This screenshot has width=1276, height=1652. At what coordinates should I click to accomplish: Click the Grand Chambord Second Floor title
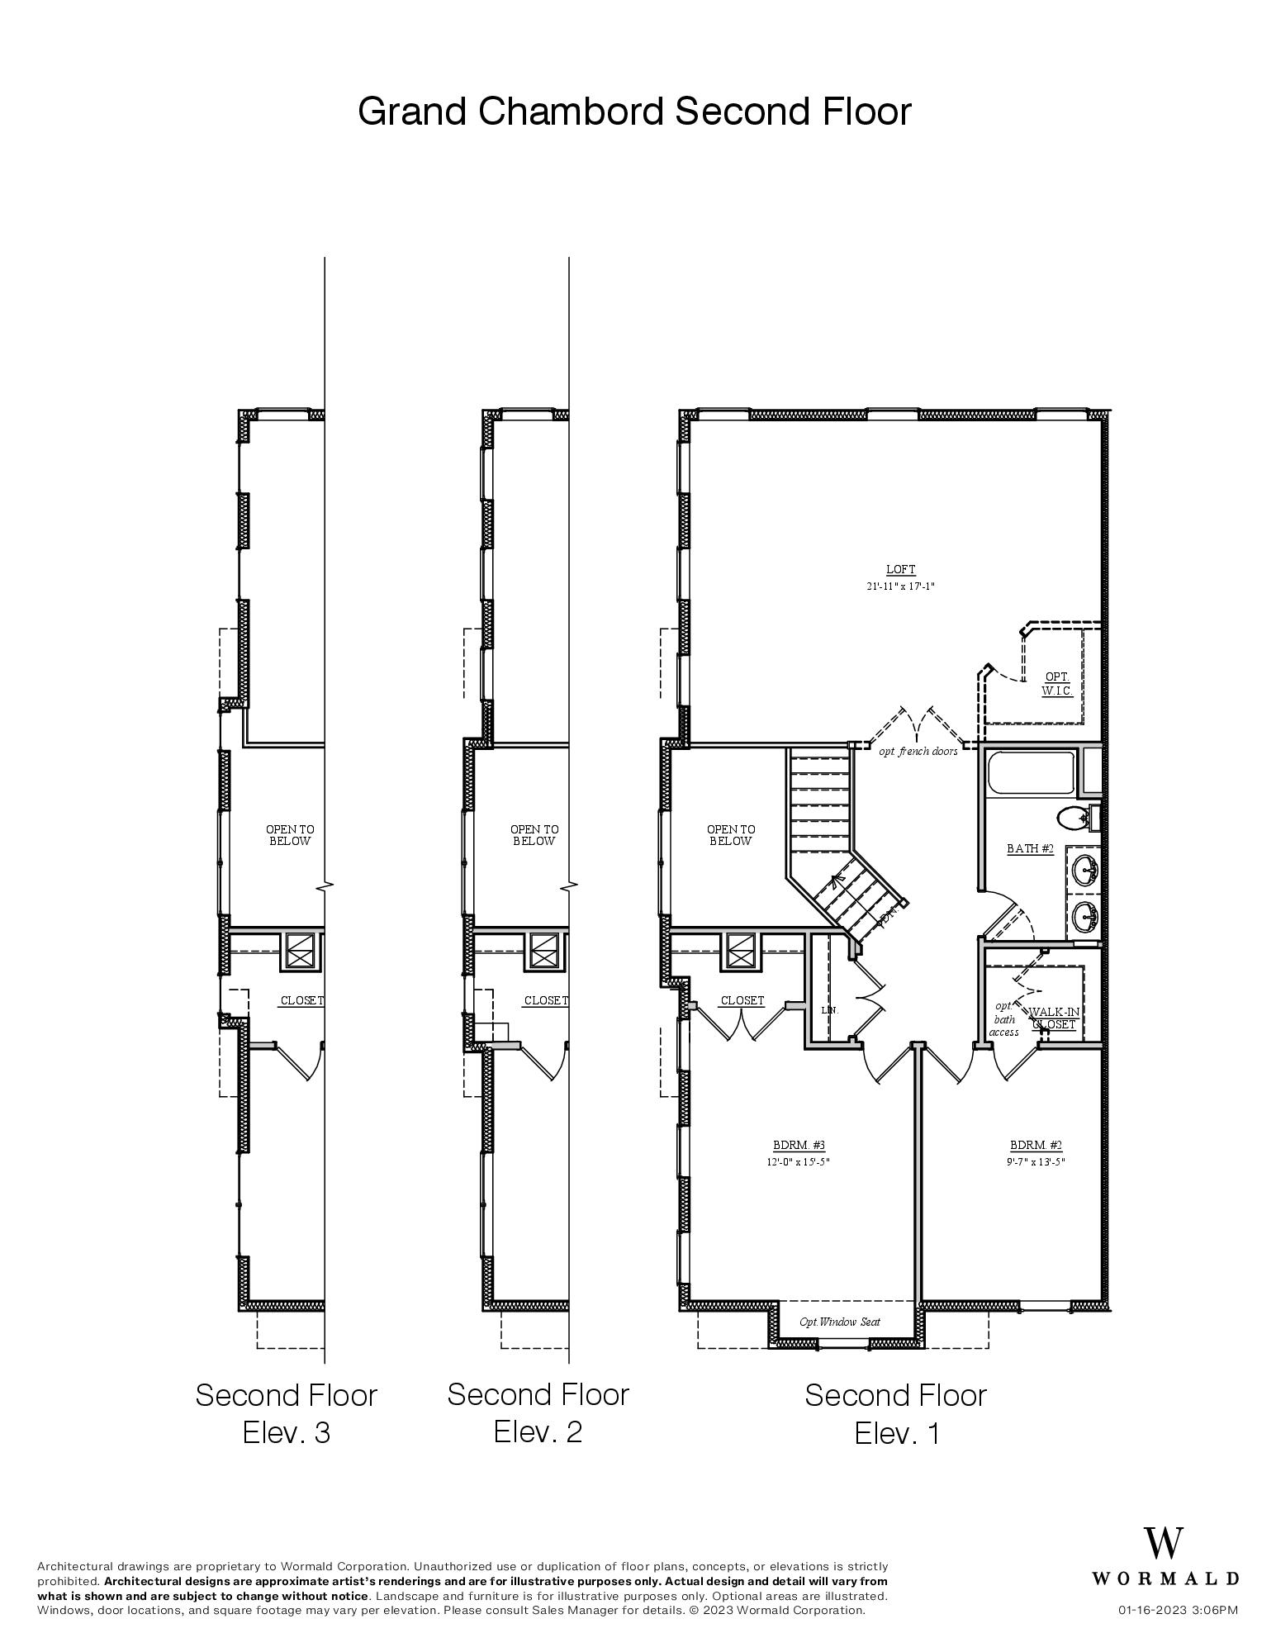(634, 111)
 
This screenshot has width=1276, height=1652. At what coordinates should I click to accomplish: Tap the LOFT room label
(900, 569)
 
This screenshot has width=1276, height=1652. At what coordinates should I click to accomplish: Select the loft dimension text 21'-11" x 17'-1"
(900, 586)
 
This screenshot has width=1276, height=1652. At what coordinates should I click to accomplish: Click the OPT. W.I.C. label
(1057, 683)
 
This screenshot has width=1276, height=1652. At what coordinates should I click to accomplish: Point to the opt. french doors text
(918, 751)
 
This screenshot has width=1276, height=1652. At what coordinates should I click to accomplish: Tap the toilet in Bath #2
(1074, 819)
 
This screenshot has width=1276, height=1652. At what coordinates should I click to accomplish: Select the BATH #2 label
(1030, 848)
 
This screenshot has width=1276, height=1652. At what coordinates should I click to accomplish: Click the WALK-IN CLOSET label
(1054, 1018)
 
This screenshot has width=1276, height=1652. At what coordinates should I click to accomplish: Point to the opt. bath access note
(1003, 1018)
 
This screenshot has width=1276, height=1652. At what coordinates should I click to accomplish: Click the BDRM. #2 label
(1036, 1145)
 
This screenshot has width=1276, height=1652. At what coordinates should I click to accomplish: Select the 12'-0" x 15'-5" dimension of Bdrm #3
(799, 1161)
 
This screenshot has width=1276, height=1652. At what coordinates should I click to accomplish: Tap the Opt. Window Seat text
(839, 1322)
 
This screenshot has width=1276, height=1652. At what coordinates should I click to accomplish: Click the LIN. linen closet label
(829, 1009)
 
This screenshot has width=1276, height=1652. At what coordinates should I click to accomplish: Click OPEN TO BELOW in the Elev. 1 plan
(730, 834)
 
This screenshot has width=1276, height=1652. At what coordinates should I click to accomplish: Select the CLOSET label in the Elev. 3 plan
(301, 1000)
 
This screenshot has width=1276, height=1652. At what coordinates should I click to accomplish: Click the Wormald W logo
(1163, 1542)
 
